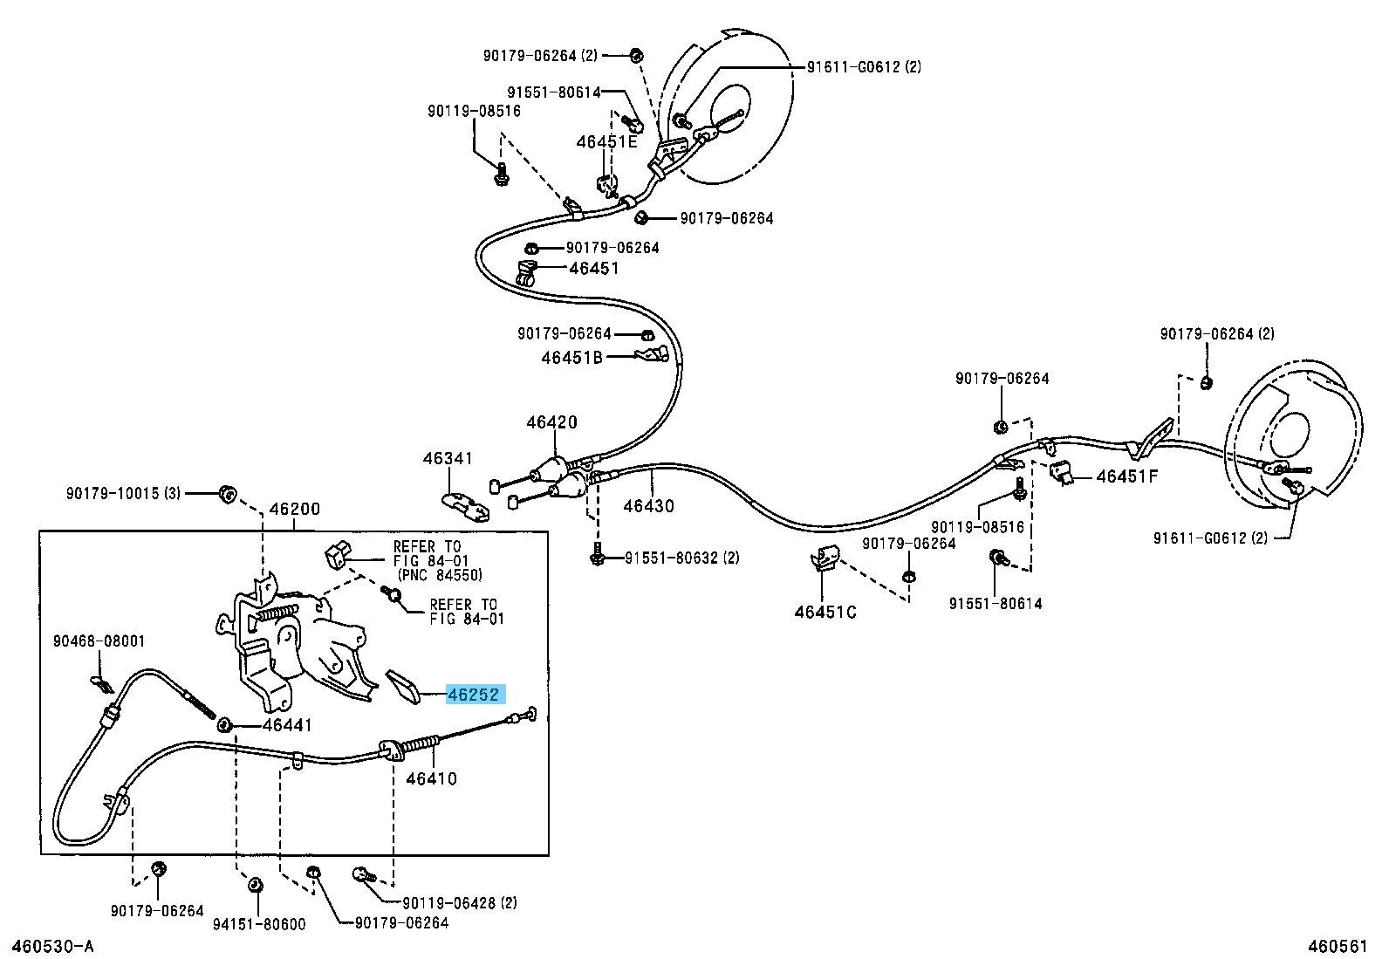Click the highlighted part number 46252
[475, 695]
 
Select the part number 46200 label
[294, 509]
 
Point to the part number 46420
[551, 422]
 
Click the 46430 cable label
[648, 505]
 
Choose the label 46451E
[606, 141]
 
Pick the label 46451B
[571, 357]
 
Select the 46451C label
[825, 612]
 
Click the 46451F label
[1126, 476]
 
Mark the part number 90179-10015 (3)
[122, 493]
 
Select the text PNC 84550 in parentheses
[440, 575]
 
